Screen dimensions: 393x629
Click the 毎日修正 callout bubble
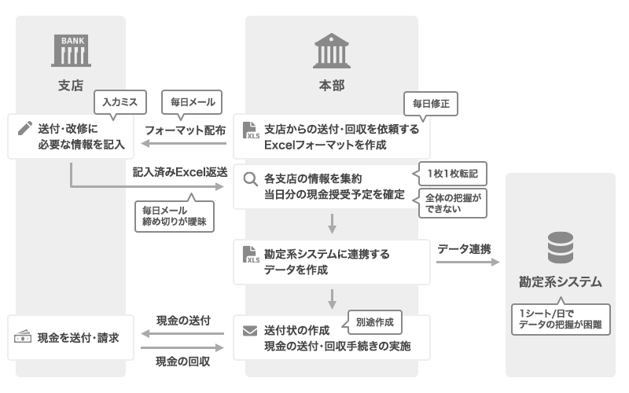tap(430, 103)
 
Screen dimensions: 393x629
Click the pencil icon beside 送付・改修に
tap(24, 128)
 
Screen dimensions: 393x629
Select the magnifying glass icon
tap(251, 179)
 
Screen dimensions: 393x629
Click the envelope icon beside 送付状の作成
tap(251, 331)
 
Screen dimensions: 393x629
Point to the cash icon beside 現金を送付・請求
tap(23, 337)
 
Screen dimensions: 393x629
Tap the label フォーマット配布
tap(186, 130)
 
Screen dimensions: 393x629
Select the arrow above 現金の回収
tap(183, 347)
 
